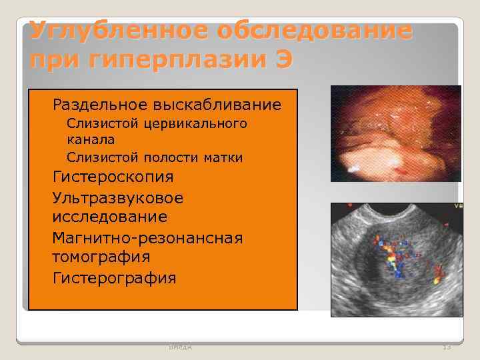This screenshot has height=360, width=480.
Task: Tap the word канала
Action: point(91,140)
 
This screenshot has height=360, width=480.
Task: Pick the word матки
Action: point(224,157)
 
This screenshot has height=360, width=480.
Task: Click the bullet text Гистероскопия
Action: point(113,177)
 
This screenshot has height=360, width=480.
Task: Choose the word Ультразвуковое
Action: point(117,198)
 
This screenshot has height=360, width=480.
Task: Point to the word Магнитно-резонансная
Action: point(147,237)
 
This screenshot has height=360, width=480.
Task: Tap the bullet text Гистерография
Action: point(114,277)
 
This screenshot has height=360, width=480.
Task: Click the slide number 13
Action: point(446,347)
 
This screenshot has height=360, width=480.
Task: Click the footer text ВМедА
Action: point(180,347)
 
